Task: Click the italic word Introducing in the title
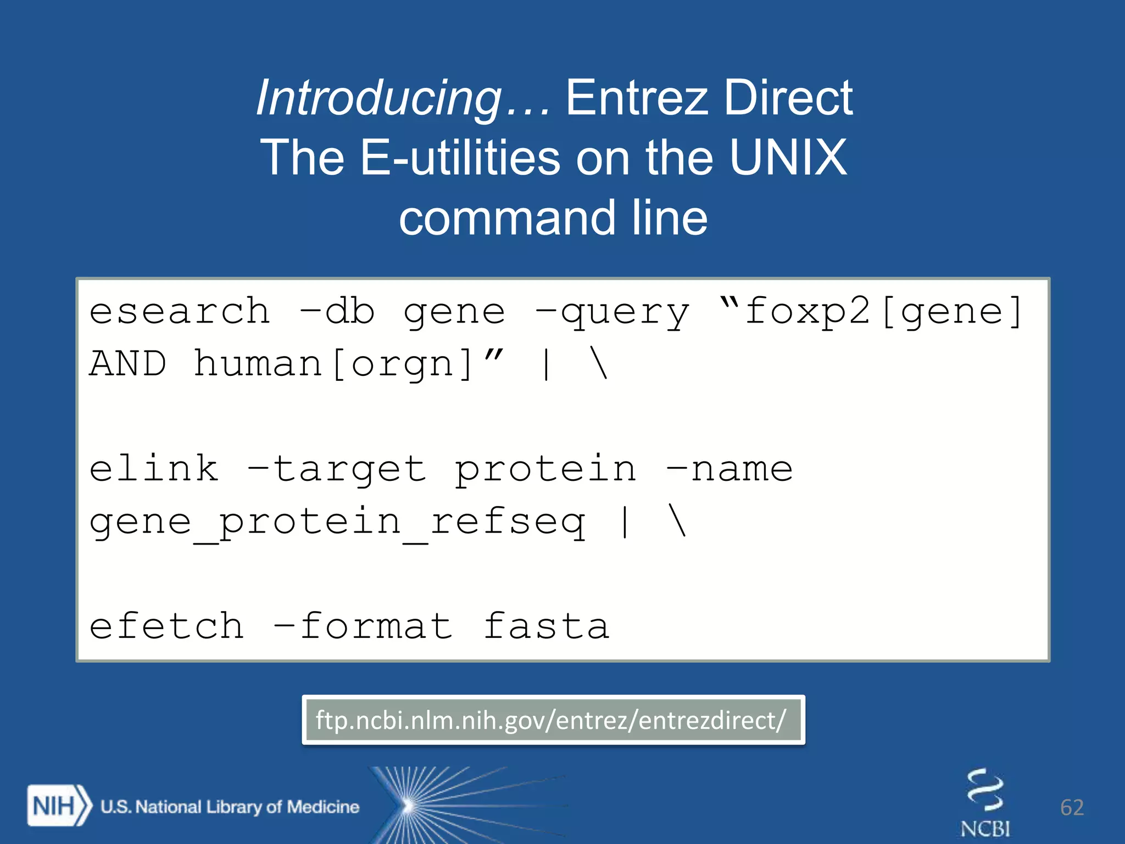pyautogui.click(x=379, y=99)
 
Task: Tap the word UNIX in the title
pyautogui.click(x=788, y=157)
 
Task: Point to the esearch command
pyautogui.click(x=180, y=312)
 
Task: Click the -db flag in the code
pyautogui.click(x=337, y=311)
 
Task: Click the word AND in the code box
pyautogui.click(x=128, y=364)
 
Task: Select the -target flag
pyautogui.click(x=336, y=470)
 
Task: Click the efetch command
pyautogui.click(x=166, y=626)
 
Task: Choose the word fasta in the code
pyautogui.click(x=546, y=626)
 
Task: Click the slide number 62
pyautogui.click(x=1072, y=807)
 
